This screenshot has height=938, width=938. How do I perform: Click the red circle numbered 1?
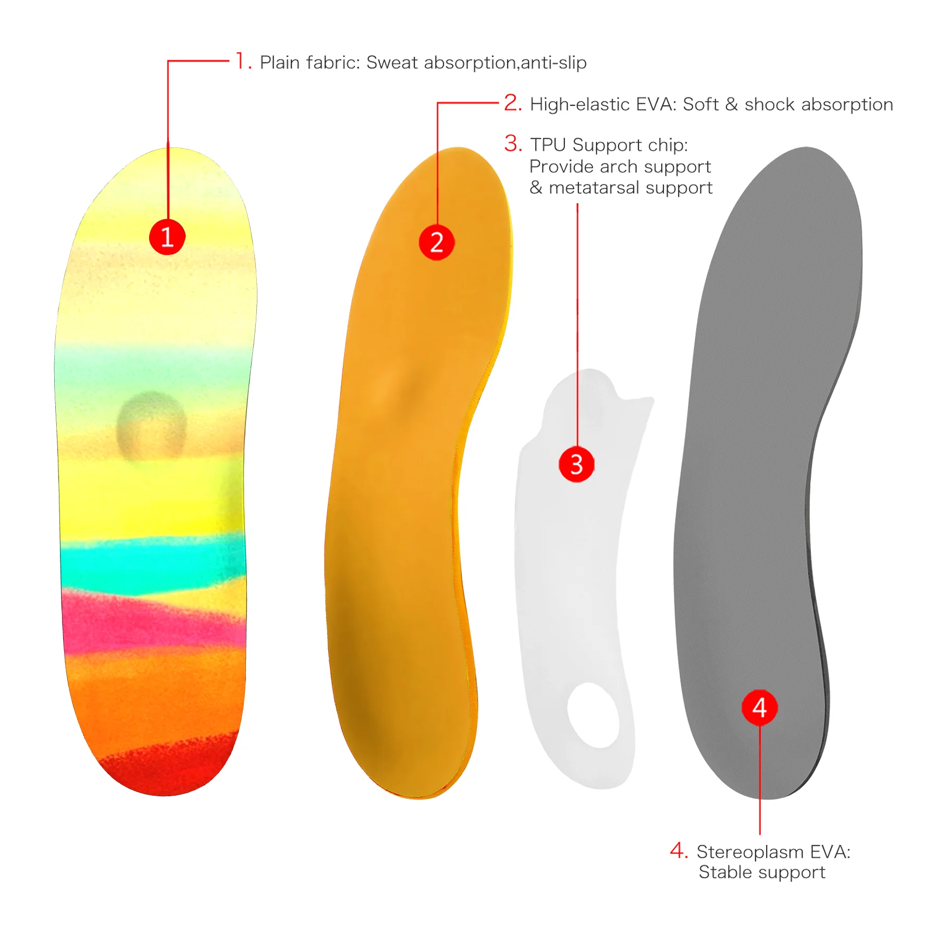(167, 237)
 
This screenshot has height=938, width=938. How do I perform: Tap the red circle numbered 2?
(437, 242)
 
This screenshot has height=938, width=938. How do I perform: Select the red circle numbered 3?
(576, 464)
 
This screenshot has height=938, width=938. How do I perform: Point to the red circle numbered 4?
(759, 708)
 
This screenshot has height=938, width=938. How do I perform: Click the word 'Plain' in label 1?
(280, 63)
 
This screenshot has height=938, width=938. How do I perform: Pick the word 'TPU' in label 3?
(548, 145)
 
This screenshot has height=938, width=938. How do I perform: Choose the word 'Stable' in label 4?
(722, 872)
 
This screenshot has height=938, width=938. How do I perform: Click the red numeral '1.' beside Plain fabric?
(243, 61)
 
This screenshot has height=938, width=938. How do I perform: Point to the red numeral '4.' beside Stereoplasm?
(678, 850)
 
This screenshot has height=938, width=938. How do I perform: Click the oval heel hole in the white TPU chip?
(594, 714)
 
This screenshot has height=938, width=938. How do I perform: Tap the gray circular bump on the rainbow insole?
(151, 425)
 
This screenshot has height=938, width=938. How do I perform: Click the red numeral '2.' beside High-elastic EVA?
(513, 103)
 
